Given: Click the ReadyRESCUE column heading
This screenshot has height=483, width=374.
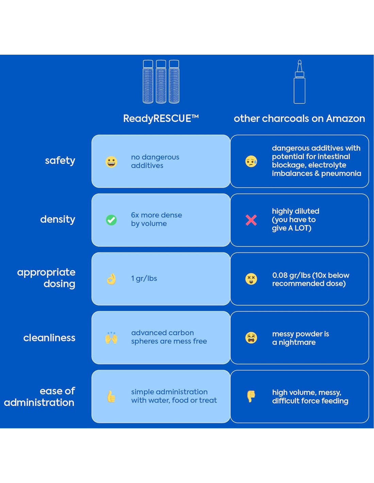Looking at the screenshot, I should [x=161, y=119].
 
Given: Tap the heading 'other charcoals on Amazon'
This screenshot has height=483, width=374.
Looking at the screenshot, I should [x=299, y=119].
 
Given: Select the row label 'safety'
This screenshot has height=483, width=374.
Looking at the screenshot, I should [x=60, y=160].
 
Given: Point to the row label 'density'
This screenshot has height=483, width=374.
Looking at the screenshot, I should [x=57, y=219].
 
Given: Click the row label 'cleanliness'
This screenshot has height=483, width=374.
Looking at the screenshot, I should [x=49, y=338].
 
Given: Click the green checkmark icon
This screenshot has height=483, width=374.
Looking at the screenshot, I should [x=111, y=220].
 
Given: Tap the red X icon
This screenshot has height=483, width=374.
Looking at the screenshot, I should [x=251, y=220].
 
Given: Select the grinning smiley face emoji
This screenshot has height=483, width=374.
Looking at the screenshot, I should [x=111, y=162].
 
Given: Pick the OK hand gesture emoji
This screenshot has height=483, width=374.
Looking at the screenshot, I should [x=111, y=279].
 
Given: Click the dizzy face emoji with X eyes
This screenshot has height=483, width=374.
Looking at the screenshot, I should [x=251, y=279].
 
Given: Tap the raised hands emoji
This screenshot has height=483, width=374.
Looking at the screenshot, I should [x=111, y=338].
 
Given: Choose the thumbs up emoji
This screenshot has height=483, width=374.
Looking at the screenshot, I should [x=111, y=396].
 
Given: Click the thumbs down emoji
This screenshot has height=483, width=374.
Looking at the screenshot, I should [x=251, y=396].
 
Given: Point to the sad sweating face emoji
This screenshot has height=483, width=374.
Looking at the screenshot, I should [x=251, y=161].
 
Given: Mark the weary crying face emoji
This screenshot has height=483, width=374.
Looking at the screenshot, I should [x=251, y=338].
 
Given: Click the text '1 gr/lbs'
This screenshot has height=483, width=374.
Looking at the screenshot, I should [x=144, y=279].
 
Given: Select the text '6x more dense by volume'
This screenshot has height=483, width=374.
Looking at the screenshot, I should [x=156, y=219].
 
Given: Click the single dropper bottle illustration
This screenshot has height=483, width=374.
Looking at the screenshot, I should [x=300, y=82].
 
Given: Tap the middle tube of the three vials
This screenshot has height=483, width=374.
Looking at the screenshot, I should [x=161, y=82].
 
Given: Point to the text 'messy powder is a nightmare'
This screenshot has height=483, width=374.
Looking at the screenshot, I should [x=301, y=338].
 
